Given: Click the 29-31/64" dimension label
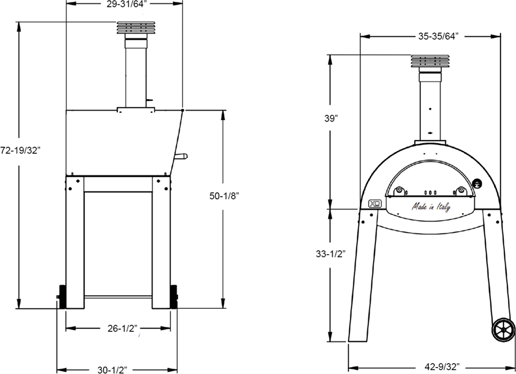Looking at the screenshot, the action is (x=125, y=4).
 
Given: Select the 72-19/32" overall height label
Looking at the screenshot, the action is (x=21, y=151).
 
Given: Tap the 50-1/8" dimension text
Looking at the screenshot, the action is (x=224, y=196).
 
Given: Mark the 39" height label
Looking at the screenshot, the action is (x=331, y=119).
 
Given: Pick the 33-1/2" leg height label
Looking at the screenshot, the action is (x=330, y=254).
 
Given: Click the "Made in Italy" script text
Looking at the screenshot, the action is (x=431, y=207).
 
